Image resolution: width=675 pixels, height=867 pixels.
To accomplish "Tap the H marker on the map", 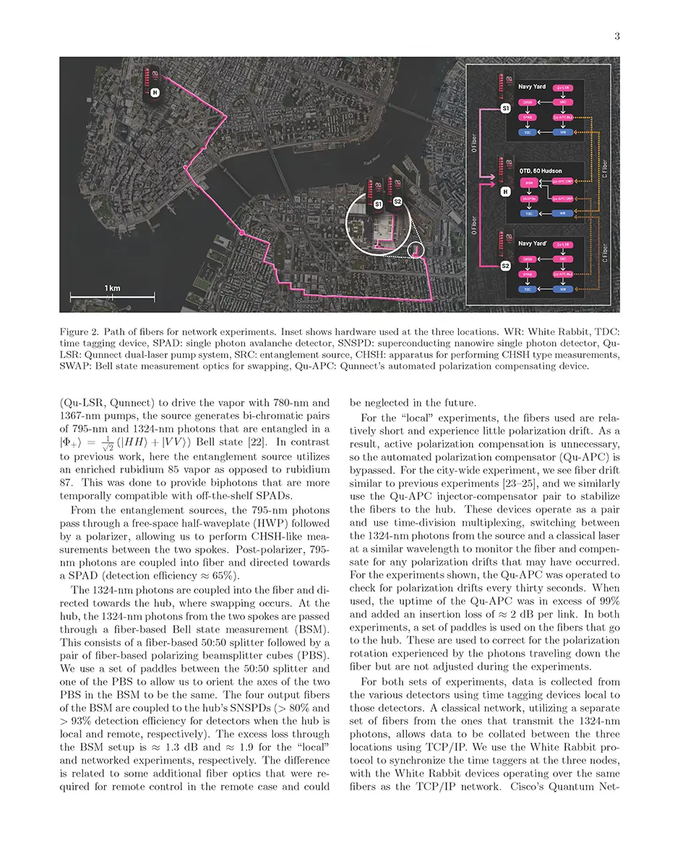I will (155, 92).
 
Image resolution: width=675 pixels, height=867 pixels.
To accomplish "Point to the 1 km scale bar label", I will (111, 288).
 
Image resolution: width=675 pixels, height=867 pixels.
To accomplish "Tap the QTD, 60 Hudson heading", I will (540, 171).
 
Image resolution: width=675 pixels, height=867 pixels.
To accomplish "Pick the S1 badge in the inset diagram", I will (506, 108).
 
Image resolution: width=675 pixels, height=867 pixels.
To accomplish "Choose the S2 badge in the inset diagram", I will (506, 266).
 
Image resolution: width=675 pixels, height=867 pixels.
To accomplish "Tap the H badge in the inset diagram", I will (506, 191).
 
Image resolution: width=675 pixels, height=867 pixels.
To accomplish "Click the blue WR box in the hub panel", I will (562, 213).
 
